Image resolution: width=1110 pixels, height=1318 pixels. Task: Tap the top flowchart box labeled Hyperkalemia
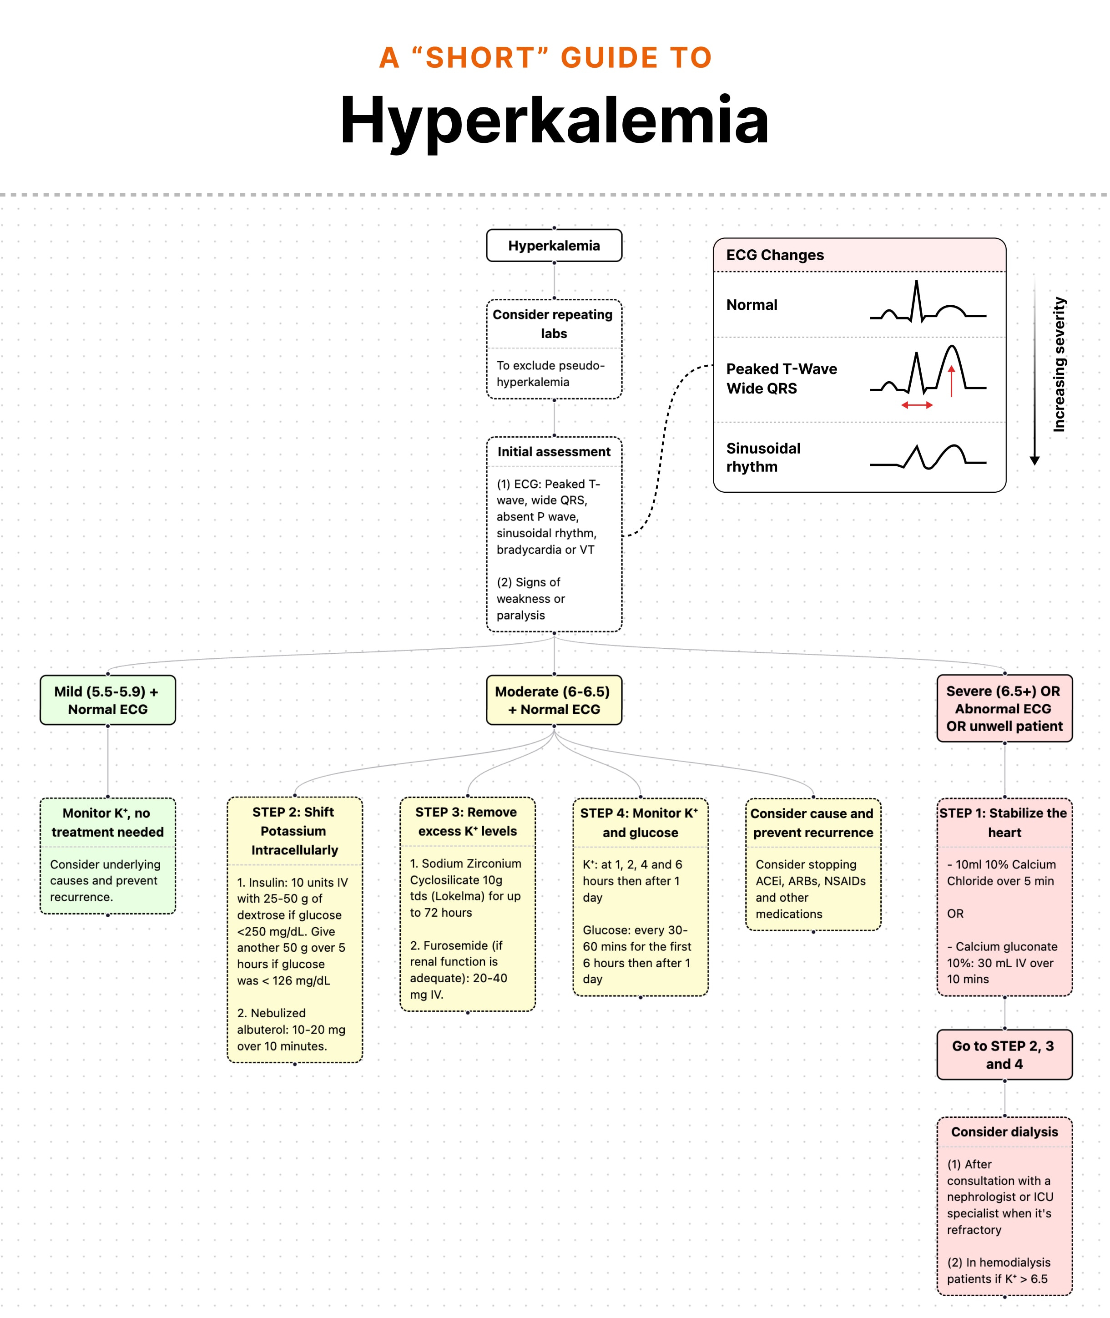[x=554, y=246]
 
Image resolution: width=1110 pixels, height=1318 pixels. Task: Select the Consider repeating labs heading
[x=554, y=323]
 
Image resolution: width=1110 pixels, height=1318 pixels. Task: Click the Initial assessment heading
[x=554, y=451]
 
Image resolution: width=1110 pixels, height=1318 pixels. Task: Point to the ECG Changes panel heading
[x=775, y=255]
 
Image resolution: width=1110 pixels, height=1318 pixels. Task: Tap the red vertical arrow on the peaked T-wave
[x=951, y=381]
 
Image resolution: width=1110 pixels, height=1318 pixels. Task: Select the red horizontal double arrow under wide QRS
[x=916, y=405]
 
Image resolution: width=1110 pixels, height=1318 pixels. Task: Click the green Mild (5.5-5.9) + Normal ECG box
[x=108, y=700]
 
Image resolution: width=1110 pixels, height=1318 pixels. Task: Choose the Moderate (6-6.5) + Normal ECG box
[x=554, y=700]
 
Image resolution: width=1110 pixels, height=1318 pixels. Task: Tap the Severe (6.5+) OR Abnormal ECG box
[x=1004, y=708]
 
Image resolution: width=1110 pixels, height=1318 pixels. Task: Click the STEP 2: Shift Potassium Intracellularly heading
[x=294, y=831]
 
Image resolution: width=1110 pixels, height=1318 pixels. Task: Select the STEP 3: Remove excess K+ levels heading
[x=467, y=821]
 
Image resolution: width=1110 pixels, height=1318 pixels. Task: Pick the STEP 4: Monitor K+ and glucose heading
[x=640, y=823]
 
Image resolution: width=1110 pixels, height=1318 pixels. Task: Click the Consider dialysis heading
[x=1004, y=1131]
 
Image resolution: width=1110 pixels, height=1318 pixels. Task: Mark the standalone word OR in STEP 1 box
[x=955, y=913]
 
